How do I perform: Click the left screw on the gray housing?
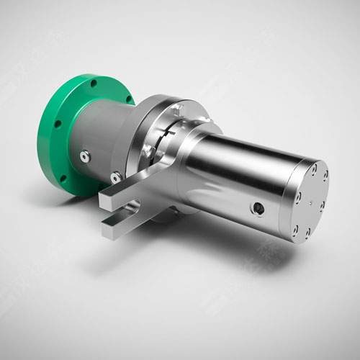86,155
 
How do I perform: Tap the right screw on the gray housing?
116,175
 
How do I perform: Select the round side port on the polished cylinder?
256,208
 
